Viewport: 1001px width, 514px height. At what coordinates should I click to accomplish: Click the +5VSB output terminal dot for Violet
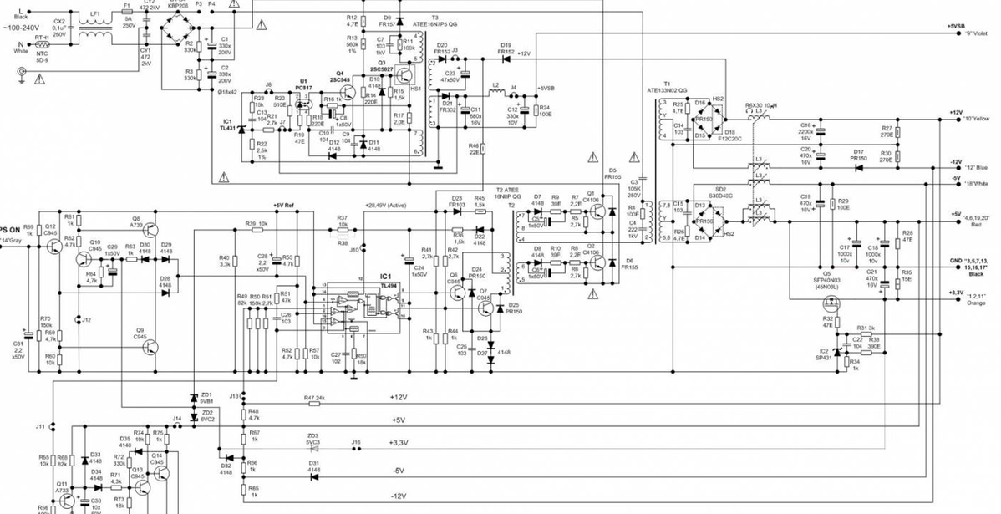tap(956, 33)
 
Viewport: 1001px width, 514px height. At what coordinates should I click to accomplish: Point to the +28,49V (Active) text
tap(386, 205)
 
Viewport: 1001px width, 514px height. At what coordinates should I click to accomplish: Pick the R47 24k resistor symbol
tap(314, 403)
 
